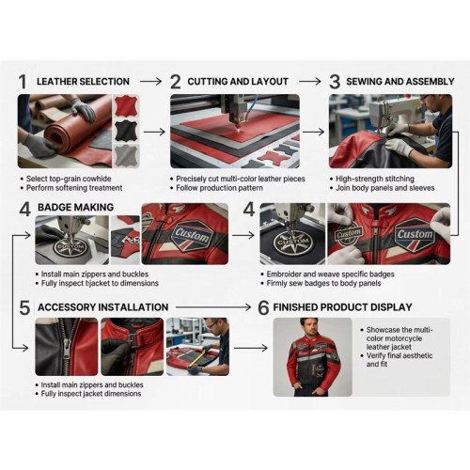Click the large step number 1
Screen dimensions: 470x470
(x=23, y=82)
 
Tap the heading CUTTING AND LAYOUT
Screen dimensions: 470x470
(x=238, y=82)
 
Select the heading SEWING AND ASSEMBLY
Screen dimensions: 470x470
(x=400, y=82)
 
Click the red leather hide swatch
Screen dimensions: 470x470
(x=126, y=106)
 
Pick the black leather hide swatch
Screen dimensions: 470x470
(x=126, y=131)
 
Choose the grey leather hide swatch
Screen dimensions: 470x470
(x=126, y=155)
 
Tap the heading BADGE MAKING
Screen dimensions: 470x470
(x=75, y=207)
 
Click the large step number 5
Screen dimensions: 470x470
(x=24, y=307)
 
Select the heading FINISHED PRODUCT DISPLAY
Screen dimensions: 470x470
(x=342, y=307)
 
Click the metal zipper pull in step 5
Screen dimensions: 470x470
(x=68, y=349)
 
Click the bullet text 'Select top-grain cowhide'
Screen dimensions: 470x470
(x=69, y=179)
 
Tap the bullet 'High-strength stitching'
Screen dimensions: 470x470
(x=375, y=179)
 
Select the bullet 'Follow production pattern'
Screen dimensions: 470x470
(x=219, y=188)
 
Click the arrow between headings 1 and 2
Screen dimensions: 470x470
(x=150, y=82)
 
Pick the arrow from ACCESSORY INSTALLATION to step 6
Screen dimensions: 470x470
(x=213, y=307)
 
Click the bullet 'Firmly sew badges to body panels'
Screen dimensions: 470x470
(x=323, y=283)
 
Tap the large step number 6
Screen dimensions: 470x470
(x=263, y=307)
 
